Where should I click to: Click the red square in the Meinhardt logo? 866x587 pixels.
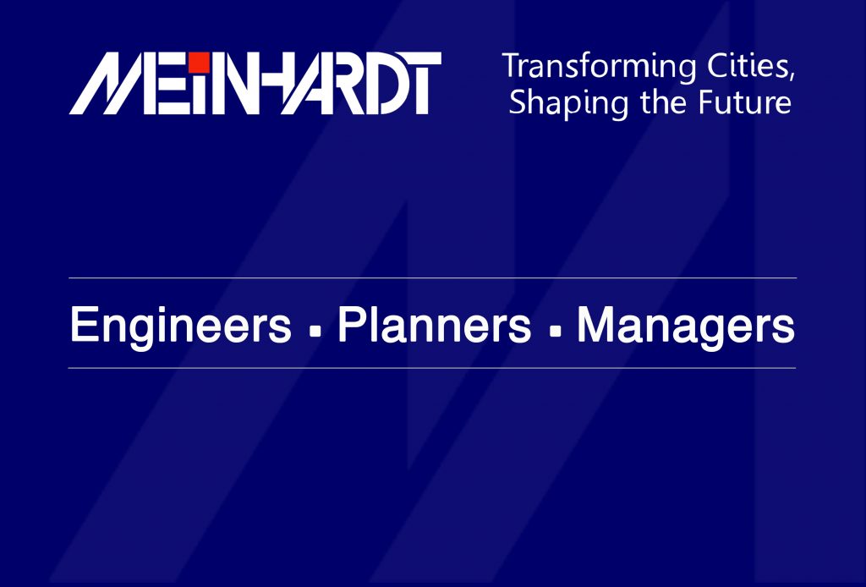(x=200, y=63)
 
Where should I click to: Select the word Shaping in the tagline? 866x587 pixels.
(x=568, y=103)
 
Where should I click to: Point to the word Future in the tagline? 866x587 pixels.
(x=744, y=102)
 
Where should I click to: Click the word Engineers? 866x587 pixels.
(x=181, y=326)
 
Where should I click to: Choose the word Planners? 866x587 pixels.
(x=434, y=326)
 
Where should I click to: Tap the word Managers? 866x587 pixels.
(x=685, y=326)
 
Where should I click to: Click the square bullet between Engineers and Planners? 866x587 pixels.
(x=315, y=332)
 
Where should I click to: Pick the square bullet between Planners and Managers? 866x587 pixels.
(x=555, y=332)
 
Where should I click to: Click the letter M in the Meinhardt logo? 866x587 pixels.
(x=111, y=84)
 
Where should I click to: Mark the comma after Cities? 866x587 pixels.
(x=792, y=76)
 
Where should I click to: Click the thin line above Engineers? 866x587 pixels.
(x=432, y=277)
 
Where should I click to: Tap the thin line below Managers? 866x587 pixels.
(x=432, y=368)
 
